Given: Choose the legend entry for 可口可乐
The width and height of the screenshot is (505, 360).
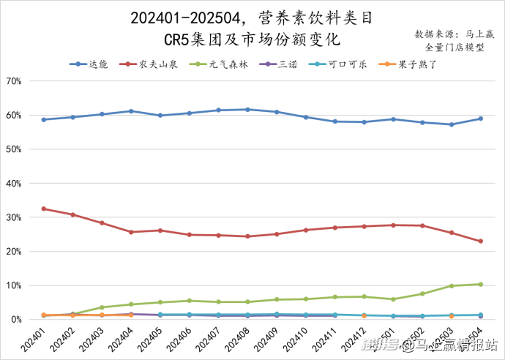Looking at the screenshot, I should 338,64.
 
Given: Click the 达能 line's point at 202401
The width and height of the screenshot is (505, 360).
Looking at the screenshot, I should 44,120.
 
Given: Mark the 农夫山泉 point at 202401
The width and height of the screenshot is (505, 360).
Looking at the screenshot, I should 44,209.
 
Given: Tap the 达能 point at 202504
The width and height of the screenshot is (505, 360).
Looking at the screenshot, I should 481,119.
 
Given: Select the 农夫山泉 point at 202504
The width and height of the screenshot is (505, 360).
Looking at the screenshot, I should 481,241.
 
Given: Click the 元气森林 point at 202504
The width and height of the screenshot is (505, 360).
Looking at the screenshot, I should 481,284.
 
